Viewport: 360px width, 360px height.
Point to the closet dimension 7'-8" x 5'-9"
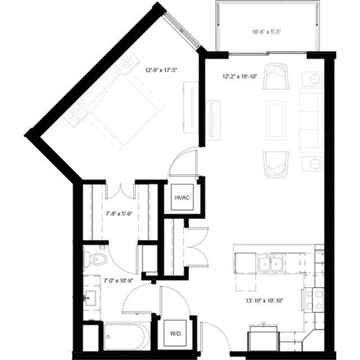click(119, 212)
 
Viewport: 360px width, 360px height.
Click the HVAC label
click(182, 198)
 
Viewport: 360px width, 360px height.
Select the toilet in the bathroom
click(94, 259)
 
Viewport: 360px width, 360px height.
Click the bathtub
click(127, 335)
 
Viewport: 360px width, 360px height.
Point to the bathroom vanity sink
click(92, 295)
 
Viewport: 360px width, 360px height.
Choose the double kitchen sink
click(269, 263)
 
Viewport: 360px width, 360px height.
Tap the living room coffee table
click(276, 119)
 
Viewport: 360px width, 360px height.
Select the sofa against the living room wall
click(310, 119)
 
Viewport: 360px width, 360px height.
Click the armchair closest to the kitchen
click(276, 163)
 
